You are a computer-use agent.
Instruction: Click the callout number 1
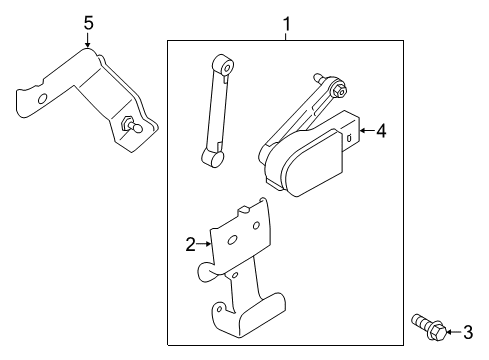[x=286, y=21]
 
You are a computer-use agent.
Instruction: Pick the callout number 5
[x=88, y=21]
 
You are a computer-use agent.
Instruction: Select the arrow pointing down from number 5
[x=88, y=42]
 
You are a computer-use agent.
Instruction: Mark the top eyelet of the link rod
[x=228, y=66]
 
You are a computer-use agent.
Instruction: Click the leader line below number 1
[x=286, y=34]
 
